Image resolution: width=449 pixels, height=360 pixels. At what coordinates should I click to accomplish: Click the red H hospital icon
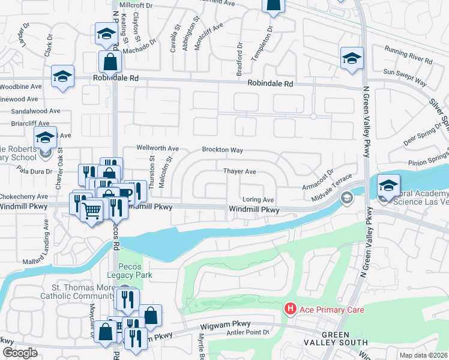click(291, 308)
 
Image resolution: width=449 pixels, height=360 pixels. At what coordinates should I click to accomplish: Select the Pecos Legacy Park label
click(126, 270)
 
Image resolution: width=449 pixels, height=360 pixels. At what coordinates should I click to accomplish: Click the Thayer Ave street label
click(240, 172)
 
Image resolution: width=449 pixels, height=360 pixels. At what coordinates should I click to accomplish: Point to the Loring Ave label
click(258, 200)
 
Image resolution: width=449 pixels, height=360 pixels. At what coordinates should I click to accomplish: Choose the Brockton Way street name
click(222, 149)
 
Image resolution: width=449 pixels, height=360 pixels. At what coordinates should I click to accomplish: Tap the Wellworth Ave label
click(158, 148)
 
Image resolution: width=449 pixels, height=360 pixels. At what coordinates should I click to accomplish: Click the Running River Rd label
click(409, 61)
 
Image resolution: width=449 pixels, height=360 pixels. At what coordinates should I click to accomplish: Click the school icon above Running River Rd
click(352, 59)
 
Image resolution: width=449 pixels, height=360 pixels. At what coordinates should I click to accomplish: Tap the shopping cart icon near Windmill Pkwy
click(92, 211)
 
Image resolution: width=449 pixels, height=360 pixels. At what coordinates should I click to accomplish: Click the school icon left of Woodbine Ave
click(62, 77)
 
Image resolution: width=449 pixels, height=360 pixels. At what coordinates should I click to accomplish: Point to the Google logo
click(20, 353)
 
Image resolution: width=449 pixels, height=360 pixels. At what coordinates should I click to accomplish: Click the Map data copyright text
click(424, 355)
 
